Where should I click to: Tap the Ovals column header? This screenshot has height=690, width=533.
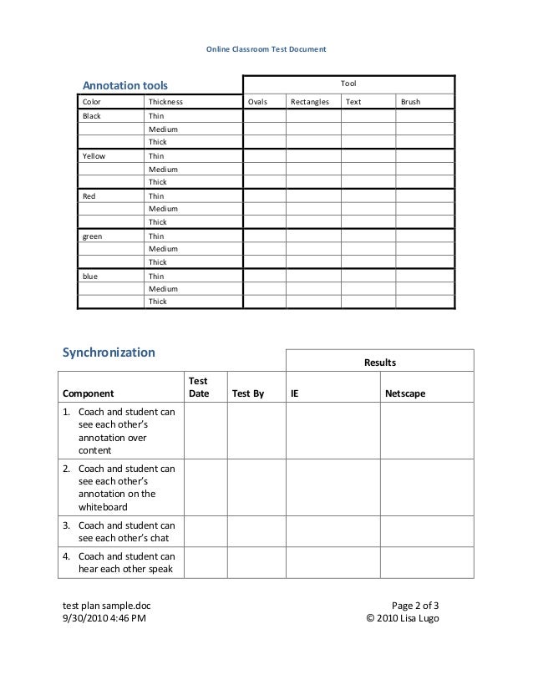pos(257,102)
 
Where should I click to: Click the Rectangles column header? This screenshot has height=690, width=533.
pos(309,102)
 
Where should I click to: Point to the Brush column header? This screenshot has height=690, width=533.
pos(411,102)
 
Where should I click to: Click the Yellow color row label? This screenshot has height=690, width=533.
pos(93,155)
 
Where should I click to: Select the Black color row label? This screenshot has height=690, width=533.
pos(90,116)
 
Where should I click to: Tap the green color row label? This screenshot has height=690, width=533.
pos(92,236)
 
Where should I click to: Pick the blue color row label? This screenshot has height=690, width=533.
pos(89,276)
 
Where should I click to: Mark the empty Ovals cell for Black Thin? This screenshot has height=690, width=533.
pos(264,116)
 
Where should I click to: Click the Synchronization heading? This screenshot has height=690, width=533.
pos(109,353)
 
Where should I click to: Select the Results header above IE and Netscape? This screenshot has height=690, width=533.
pos(379,363)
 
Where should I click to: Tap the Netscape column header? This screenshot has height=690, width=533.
pos(404,393)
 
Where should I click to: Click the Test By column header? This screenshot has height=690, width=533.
pos(247,393)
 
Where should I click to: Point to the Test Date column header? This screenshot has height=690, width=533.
pos(199,386)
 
